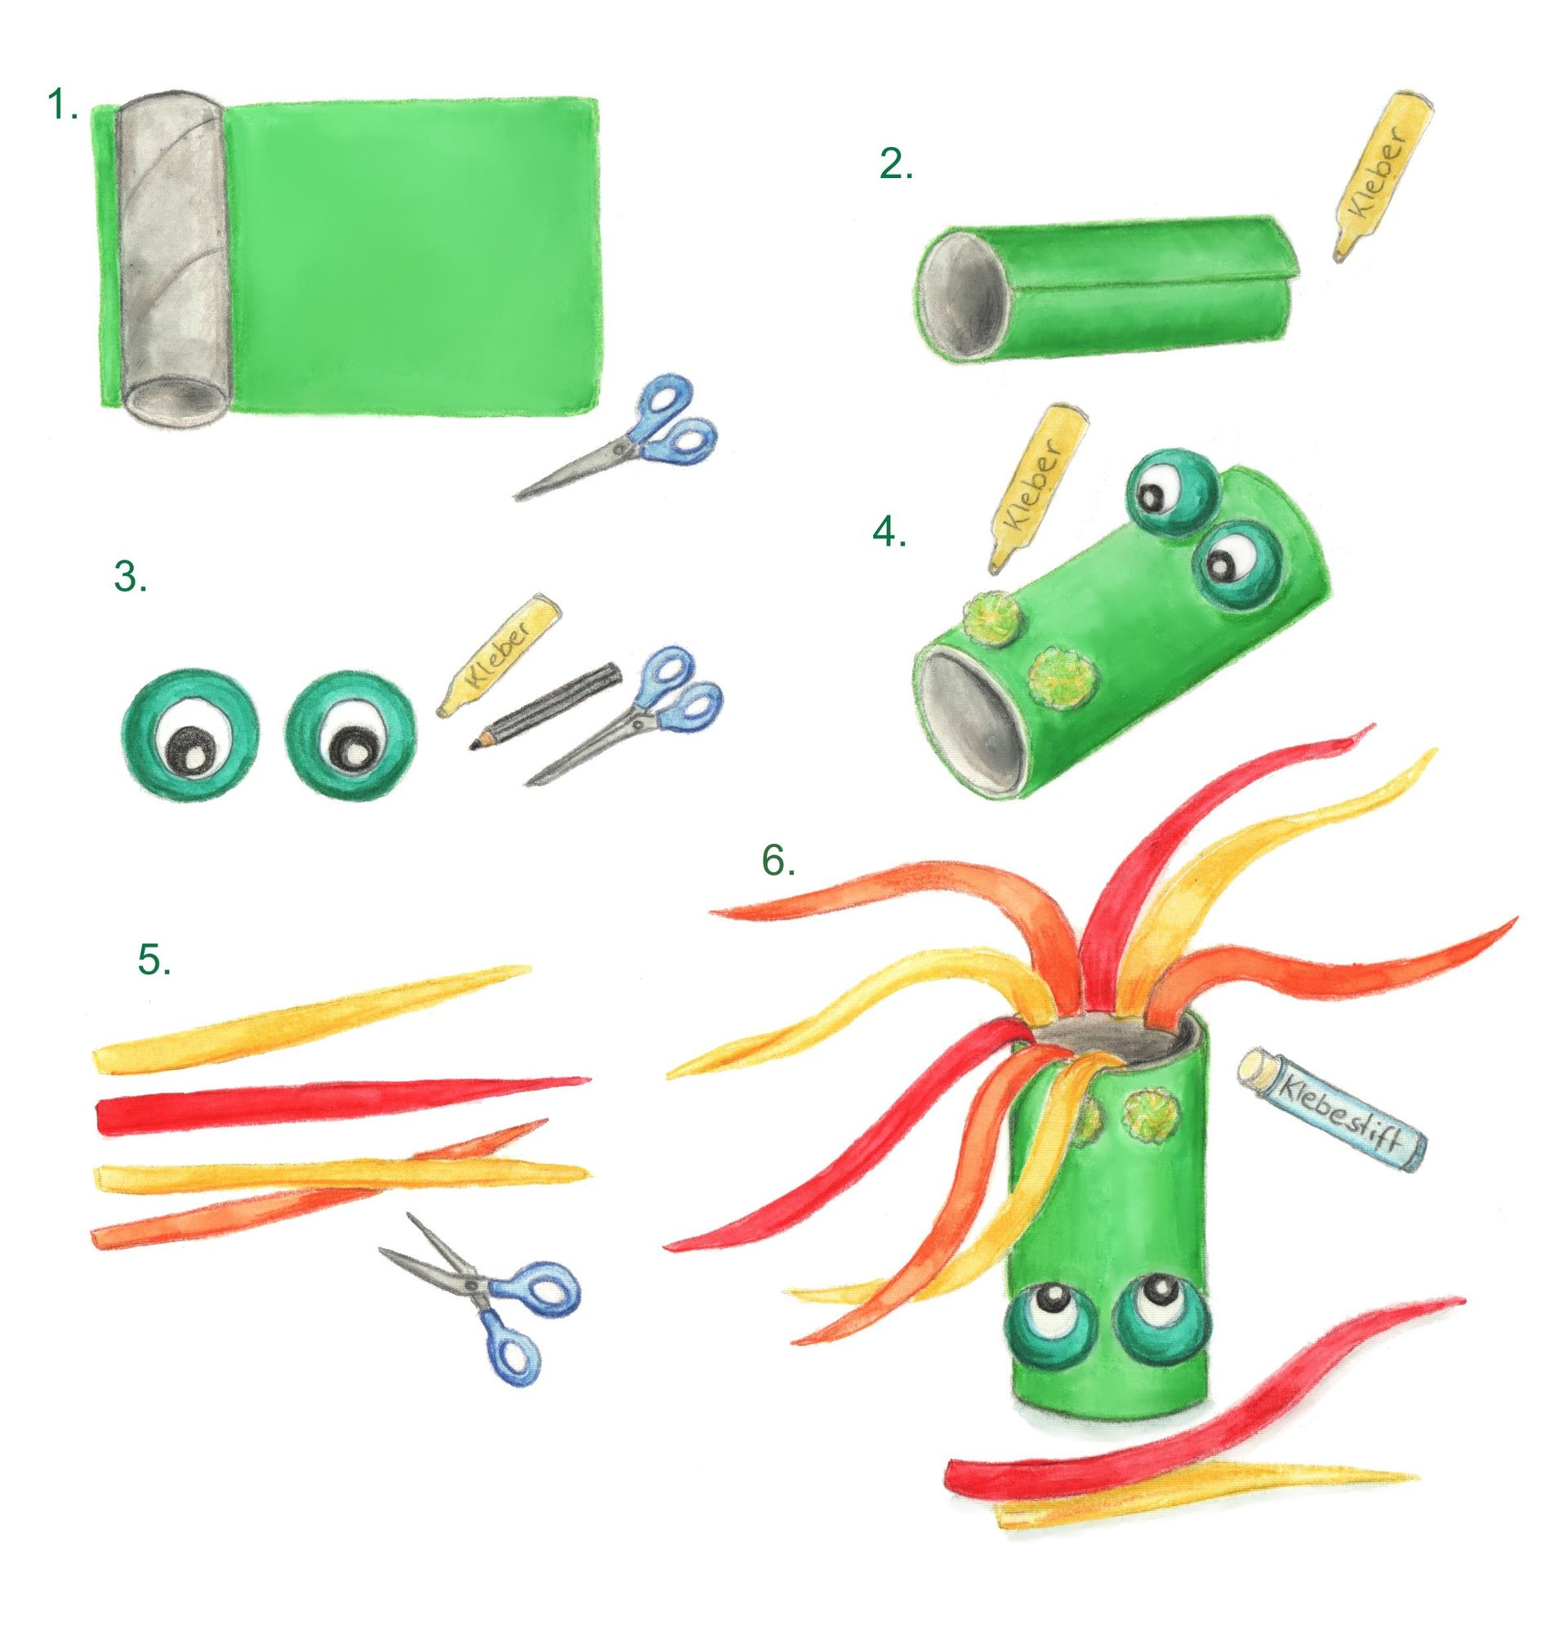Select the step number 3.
tap(131, 576)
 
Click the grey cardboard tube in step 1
tap(172, 258)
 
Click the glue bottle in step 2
tap(1383, 176)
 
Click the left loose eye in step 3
tap(189, 734)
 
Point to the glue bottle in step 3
tap(498, 654)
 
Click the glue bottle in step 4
tap(1037, 489)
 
